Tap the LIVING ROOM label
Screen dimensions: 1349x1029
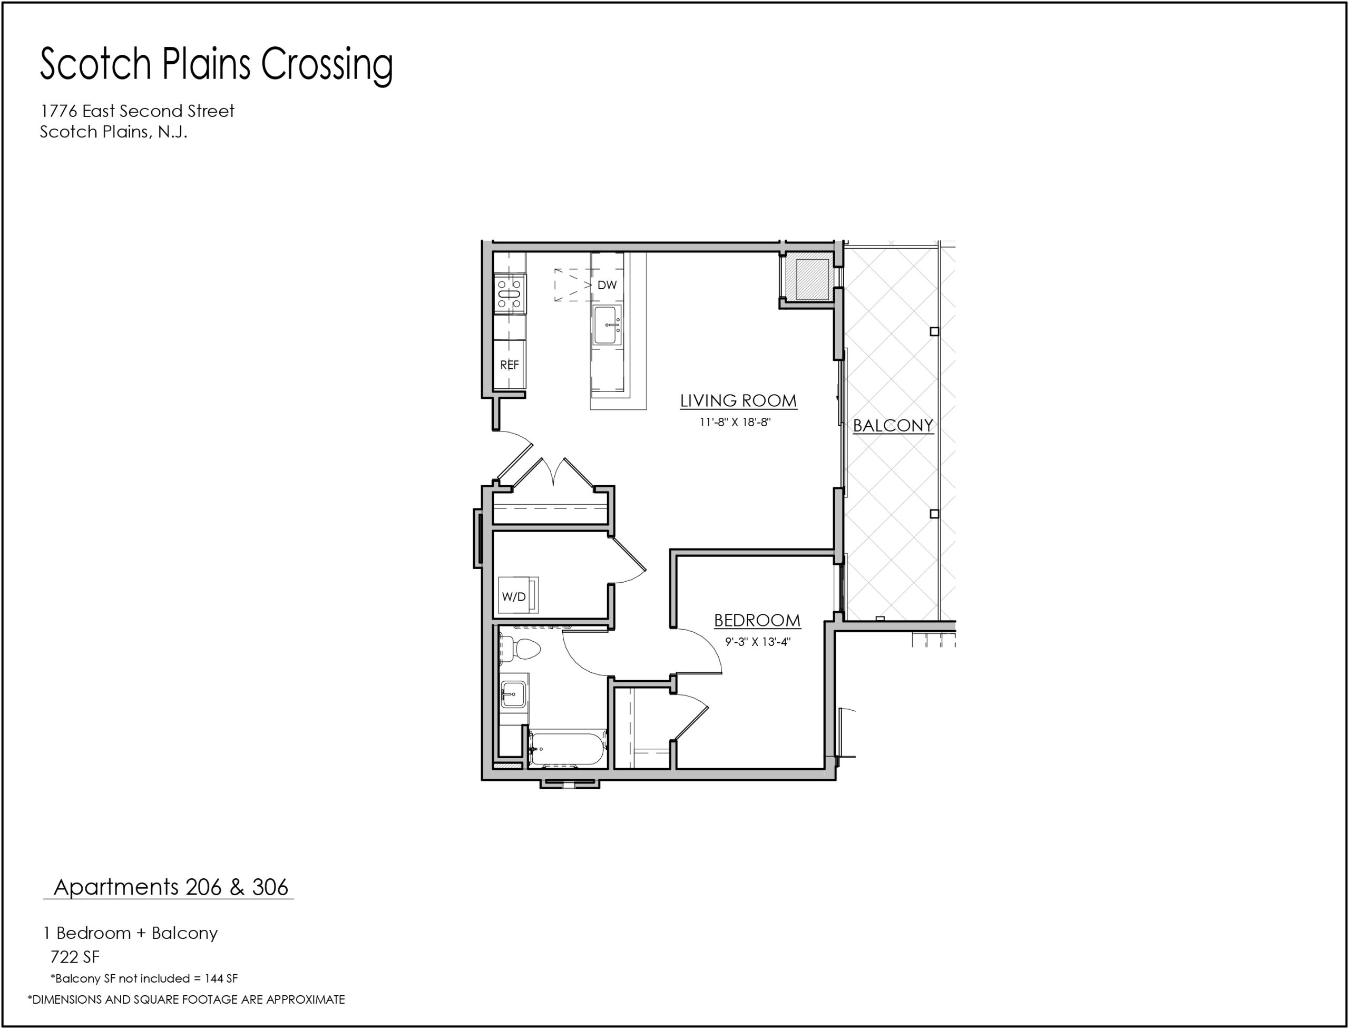pos(738,400)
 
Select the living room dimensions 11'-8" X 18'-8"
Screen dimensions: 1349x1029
pos(735,422)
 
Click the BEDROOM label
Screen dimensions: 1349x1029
pos(757,621)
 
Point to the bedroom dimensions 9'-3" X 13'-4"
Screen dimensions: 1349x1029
pos(758,642)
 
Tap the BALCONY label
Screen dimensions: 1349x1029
pos(893,425)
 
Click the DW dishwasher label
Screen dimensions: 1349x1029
pos(607,285)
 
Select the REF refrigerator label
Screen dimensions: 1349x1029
pos(509,365)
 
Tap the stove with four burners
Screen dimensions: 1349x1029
pos(510,295)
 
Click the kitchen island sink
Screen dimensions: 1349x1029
pos(608,325)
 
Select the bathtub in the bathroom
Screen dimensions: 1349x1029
pos(568,749)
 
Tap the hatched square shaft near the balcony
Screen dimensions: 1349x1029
pos(812,279)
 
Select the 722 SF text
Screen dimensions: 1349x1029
pos(75,957)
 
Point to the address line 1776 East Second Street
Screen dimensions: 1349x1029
pos(137,111)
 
